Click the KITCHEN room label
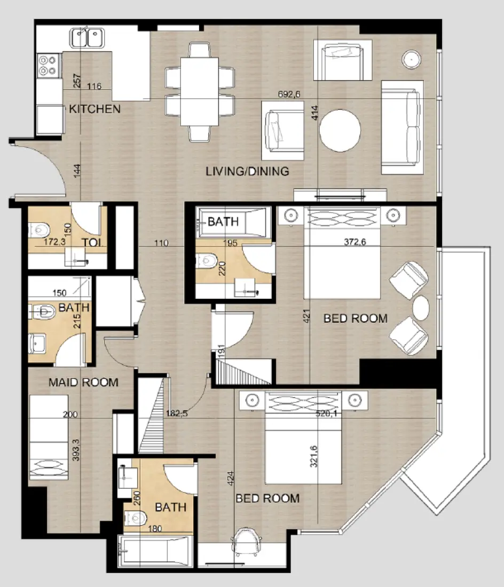[x=94, y=109]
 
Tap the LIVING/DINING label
[x=248, y=171]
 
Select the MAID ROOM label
[x=83, y=382]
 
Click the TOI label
[x=91, y=243]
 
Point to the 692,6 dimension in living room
[x=290, y=94]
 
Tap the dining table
[x=199, y=91]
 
